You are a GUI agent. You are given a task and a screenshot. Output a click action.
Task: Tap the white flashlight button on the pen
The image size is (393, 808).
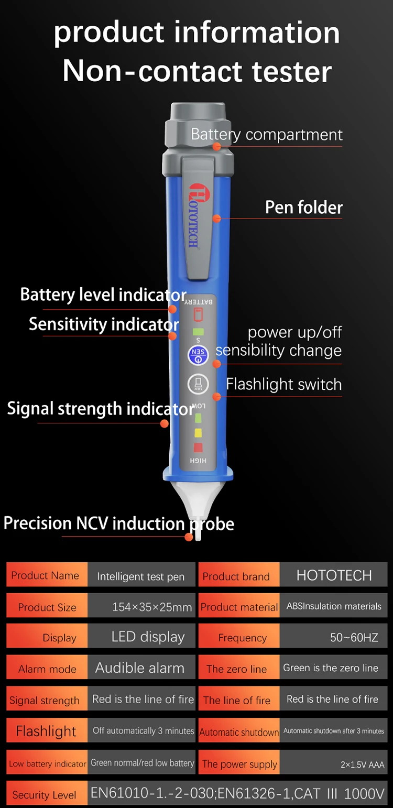[x=198, y=384]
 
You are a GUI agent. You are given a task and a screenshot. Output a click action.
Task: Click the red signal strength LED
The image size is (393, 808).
[x=198, y=447]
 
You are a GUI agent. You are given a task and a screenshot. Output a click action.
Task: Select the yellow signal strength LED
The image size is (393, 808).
[x=198, y=433]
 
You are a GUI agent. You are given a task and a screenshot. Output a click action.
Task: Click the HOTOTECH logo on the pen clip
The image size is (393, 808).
[x=194, y=215]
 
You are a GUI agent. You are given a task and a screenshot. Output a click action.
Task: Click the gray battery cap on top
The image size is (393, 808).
[x=198, y=128]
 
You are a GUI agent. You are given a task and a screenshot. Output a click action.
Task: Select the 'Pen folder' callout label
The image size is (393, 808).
[x=303, y=208]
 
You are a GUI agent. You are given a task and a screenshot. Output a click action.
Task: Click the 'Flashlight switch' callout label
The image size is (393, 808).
[x=283, y=385]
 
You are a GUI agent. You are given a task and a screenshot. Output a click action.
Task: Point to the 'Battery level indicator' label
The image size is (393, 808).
[x=103, y=294]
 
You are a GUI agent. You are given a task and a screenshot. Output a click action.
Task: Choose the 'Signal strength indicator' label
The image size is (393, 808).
[x=100, y=409]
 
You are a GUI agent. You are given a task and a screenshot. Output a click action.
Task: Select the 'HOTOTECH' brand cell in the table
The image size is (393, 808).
[x=334, y=575]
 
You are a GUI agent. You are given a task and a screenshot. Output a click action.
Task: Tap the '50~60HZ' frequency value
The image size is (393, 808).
[x=354, y=638]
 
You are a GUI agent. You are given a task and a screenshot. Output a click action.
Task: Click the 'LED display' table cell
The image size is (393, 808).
[x=148, y=637]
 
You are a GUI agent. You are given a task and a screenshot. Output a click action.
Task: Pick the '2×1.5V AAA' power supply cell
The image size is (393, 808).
[x=362, y=765]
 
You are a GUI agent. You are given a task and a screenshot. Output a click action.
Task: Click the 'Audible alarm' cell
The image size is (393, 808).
[x=140, y=668]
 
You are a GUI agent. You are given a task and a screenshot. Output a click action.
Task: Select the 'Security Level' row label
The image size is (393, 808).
[x=44, y=795]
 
